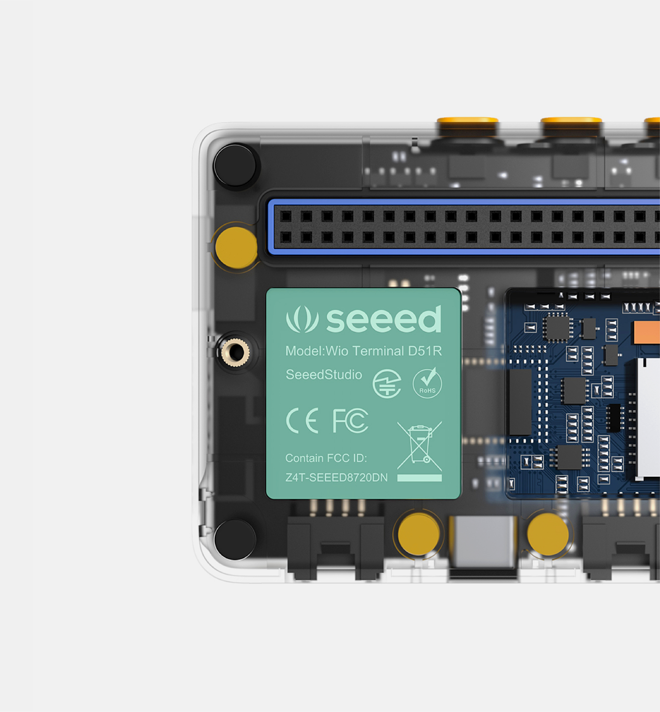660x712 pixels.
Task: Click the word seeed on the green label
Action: (384, 319)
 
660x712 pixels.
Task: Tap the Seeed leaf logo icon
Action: (302, 319)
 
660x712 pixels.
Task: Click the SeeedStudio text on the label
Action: (324, 375)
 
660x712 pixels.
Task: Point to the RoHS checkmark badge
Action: (427, 383)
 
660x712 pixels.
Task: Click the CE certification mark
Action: (302, 421)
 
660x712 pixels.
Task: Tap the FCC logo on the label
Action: (350, 421)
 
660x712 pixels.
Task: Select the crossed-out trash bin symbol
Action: (419, 446)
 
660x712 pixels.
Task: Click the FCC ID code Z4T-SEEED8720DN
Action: (337, 477)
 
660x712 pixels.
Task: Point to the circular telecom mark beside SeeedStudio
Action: (387, 383)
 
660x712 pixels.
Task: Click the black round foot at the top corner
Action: (235, 165)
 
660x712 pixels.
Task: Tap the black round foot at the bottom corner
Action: (235, 540)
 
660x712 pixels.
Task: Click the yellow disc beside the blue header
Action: (236, 247)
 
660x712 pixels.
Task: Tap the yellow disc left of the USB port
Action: (418, 535)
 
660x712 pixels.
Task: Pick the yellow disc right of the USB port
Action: (547, 535)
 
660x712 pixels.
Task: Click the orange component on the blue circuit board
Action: (646, 332)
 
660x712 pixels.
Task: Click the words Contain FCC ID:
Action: (326, 458)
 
